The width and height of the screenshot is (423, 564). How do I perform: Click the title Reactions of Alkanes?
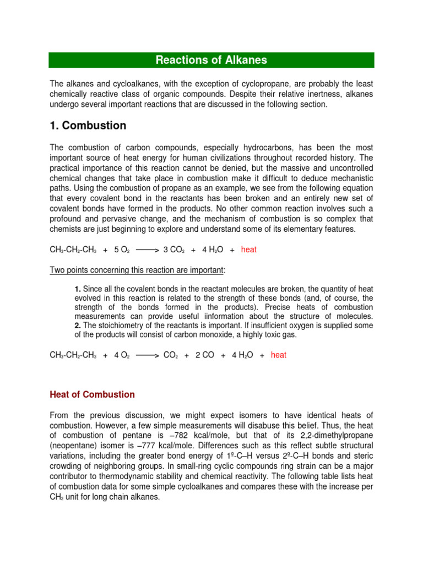pyautogui.click(x=211, y=60)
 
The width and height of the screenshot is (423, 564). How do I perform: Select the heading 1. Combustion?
pyautogui.click(x=88, y=126)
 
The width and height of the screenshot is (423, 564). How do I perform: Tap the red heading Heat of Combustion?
pyautogui.click(x=92, y=394)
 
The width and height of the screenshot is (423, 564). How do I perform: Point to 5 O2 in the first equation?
pyautogui.click(x=122, y=250)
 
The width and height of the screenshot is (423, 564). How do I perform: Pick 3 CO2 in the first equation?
pyautogui.click(x=174, y=250)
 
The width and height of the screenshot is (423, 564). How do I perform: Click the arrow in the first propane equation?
pyautogui.click(x=147, y=250)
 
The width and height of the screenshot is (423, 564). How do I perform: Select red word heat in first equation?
pyautogui.click(x=249, y=250)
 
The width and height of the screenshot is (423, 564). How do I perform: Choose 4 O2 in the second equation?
pyautogui.click(x=122, y=355)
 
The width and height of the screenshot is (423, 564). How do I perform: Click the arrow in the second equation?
pyautogui.click(x=147, y=356)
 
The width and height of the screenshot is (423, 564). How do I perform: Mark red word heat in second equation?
pyautogui.click(x=279, y=355)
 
